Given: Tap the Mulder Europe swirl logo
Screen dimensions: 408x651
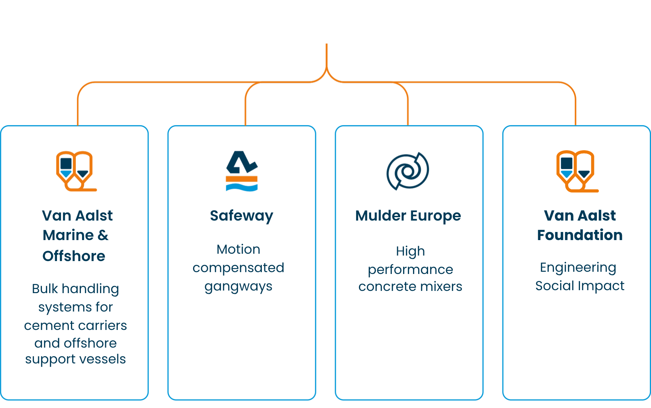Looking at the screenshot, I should [408, 171].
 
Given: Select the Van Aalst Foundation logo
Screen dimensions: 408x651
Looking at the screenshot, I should [577, 171].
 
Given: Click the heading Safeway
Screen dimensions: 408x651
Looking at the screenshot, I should [242, 216].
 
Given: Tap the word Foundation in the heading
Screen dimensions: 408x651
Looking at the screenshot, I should [580, 235].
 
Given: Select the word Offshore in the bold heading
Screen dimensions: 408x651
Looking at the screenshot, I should [74, 256].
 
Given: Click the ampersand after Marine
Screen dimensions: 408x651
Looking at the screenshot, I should [103, 235].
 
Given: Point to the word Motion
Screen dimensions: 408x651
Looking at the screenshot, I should [238, 249].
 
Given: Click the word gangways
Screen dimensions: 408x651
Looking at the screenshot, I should [238, 287].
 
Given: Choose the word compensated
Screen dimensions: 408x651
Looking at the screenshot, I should [238, 268].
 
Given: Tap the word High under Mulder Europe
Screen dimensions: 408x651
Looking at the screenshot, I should [410, 251].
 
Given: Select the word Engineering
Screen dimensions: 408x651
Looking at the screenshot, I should [578, 268].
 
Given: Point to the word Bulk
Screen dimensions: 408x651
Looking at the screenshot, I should [45, 289].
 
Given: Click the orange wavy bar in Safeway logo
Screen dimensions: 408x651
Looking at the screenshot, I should [242, 179].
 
